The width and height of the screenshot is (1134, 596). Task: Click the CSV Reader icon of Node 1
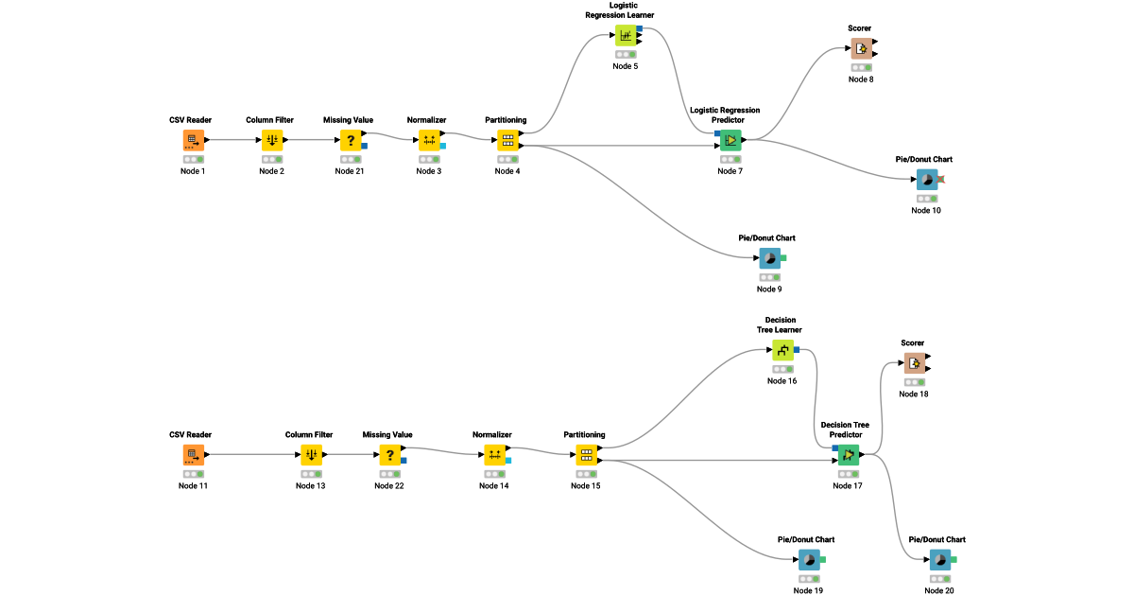pyautogui.click(x=193, y=140)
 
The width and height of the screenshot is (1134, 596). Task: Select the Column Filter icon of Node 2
pyautogui.click(x=271, y=140)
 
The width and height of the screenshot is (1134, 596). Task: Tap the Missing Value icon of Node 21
pyautogui.click(x=351, y=140)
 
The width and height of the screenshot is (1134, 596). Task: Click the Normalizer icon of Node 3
pyautogui.click(x=429, y=140)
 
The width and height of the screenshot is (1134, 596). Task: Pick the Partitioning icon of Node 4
pyautogui.click(x=507, y=140)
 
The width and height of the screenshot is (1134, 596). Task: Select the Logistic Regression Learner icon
pyautogui.click(x=626, y=35)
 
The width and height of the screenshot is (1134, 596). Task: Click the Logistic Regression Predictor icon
pyautogui.click(x=730, y=140)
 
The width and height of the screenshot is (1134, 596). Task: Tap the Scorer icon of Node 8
pyautogui.click(x=860, y=48)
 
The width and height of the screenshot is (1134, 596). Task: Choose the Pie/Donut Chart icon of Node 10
pyautogui.click(x=926, y=180)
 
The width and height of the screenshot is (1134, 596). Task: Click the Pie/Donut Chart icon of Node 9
pyautogui.click(x=769, y=258)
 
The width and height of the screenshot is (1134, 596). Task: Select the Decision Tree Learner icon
pyautogui.click(x=782, y=351)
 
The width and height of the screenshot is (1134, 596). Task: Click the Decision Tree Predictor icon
pyautogui.click(x=848, y=455)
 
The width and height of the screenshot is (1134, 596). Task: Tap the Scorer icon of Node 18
pyautogui.click(x=913, y=363)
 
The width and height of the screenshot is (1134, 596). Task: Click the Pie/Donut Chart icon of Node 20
pyautogui.click(x=939, y=560)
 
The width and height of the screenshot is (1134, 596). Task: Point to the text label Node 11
pyautogui.click(x=193, y=485)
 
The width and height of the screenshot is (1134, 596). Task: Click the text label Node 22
pyautogui.click(x=388, y=485)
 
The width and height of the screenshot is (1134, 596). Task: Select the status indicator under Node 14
pyautogui.click(x=494, y=474)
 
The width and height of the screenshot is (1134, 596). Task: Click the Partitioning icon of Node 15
pyautogui.click(x=586, y=455)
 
